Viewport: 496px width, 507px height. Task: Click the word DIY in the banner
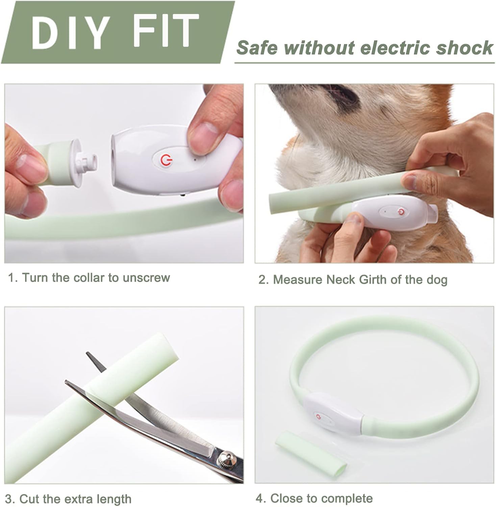[x=71, y=31]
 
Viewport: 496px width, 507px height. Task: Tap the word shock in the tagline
[x=465, y=48]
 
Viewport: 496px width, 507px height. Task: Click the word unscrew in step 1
[x=146, y=277]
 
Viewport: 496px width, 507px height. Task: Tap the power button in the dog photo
[x=401, y=212]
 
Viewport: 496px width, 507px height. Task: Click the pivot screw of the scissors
[x=224, y=459]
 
